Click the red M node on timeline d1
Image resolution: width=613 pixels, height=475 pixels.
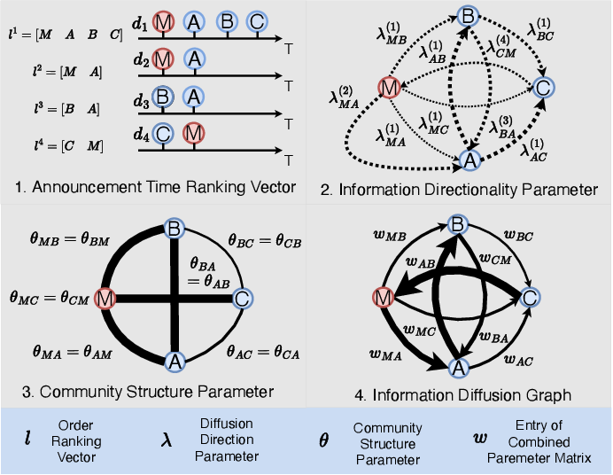point(163,21)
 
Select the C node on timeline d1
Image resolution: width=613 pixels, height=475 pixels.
point(257,21)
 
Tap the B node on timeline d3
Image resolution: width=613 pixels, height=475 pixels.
point(163,97)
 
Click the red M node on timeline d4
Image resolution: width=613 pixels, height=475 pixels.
point(193,133)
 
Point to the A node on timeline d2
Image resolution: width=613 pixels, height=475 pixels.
point(194,59)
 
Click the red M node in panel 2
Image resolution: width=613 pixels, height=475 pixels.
point(390,88)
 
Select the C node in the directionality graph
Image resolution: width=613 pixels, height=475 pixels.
point(543,88)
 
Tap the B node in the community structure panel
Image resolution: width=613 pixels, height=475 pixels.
point(175,229)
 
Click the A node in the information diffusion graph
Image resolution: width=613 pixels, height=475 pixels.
point(459,368)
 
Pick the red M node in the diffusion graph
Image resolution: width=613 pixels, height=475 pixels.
point(383,298)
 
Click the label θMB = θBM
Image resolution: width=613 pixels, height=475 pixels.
point(70,239)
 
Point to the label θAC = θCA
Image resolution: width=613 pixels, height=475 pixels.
point(263,353)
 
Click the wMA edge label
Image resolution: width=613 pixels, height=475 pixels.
point(385,354)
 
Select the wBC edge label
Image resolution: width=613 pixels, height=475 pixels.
point(518,236)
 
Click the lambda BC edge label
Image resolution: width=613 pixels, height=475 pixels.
point(539,29)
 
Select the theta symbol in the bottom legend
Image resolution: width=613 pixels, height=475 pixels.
point(323,440)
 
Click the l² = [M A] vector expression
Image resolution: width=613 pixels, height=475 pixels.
point(67,72)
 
